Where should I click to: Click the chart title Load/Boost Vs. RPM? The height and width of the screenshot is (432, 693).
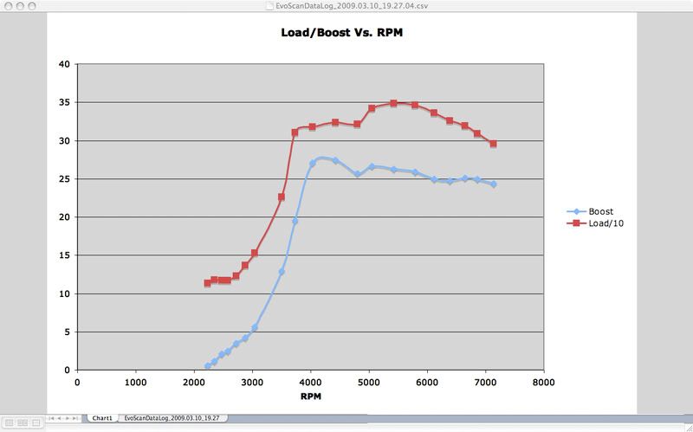[341, 33]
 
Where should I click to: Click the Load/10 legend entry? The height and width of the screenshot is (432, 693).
[595, 223]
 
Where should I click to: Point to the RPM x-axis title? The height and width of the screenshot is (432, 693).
[311, 397]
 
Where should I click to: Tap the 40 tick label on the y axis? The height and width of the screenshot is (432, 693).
[64, 64]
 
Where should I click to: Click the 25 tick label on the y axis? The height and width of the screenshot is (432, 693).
[64, 179]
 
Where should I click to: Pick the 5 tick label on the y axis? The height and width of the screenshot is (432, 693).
[68, 332]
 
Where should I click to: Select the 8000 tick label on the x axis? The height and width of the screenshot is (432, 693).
[544, 382]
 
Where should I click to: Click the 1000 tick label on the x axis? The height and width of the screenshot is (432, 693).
[136, 382]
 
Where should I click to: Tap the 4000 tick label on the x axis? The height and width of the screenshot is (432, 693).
[310, 382]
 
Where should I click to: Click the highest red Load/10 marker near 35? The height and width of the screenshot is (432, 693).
[393, 103]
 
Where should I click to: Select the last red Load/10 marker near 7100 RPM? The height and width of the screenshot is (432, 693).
[493, 144]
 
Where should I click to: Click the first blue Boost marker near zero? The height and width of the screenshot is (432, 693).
[208, 366]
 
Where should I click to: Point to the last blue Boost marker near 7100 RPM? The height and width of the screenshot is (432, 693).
[493, 184]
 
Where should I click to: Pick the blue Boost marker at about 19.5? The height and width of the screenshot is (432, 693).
[295, 221]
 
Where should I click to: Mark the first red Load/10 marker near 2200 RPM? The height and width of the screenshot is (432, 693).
[207, 283]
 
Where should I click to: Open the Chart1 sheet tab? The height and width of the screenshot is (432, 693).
[102, 418]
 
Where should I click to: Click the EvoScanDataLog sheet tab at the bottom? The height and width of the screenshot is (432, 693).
[175, 418]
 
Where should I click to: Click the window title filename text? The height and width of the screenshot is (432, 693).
[352, 6]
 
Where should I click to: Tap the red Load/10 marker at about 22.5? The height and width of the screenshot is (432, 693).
[281, 197]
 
